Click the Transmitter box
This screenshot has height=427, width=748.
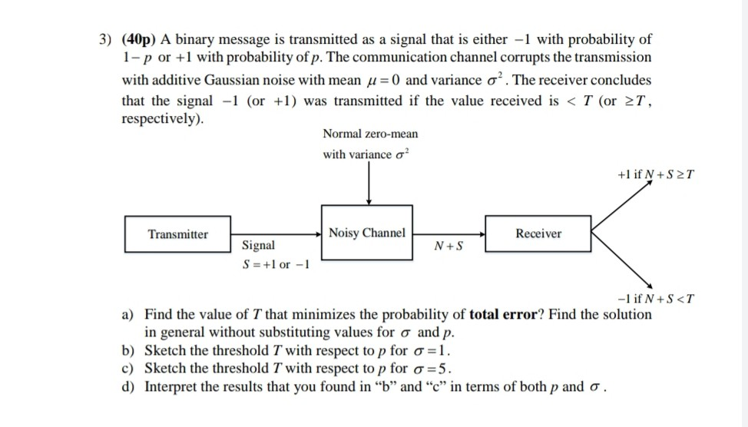(178, 234)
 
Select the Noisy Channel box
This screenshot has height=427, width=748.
(367, 233)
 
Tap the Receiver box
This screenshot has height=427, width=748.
(538, 233)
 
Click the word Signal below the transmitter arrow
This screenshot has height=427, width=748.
(259, 246)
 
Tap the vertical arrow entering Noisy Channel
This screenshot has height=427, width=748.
(369, 184)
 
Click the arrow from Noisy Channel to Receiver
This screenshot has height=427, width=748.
(449, 232)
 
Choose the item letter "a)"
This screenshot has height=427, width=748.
(129, 315)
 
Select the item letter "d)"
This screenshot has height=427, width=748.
(129, 386)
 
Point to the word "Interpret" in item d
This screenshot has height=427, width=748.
(172, 386)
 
